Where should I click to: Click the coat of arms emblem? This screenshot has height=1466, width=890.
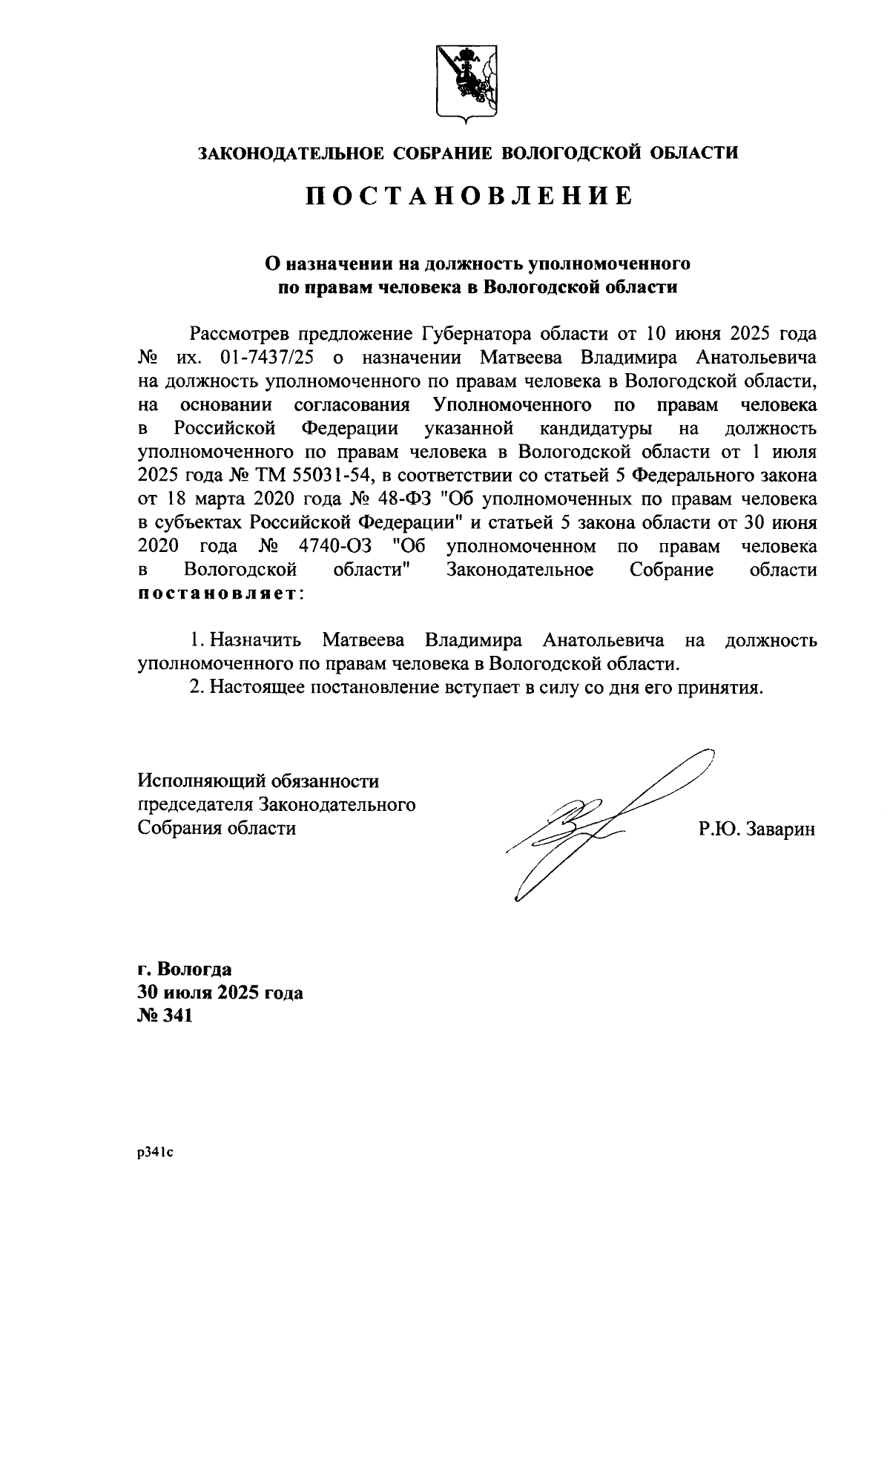[x=465, y=83]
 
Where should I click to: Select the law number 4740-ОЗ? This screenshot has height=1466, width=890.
[x=343, y=547]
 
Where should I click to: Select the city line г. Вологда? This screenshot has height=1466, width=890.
[x=185, y=969]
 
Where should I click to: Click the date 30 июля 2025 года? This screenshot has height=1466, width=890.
[x=220, y=993]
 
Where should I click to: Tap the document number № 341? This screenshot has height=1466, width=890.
[x=165, y=1016]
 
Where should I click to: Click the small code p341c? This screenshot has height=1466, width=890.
[x=154, y=1153]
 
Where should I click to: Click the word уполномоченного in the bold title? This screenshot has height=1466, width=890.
[x=607, y=263]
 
